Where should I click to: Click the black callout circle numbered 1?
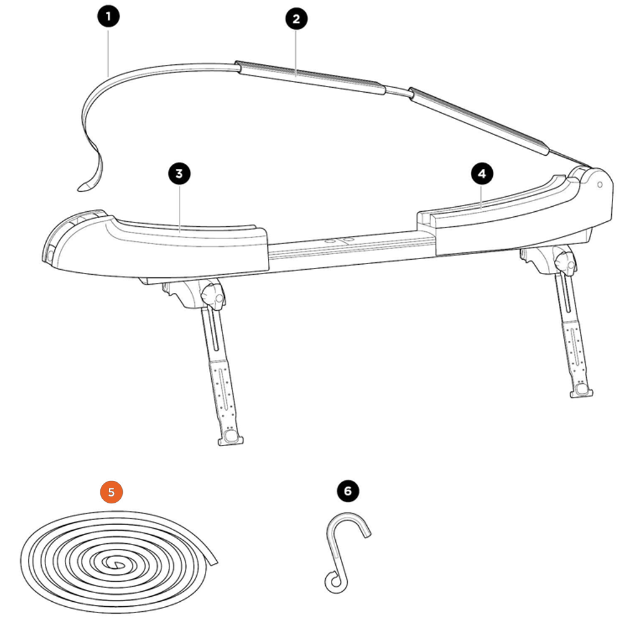(x=108, y=16)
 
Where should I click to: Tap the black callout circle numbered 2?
(x=297, y=19)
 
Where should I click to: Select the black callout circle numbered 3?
(x=179, y=174)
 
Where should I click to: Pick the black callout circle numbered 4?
(x=482, y=174)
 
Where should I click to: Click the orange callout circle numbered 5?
(x=112, y=492)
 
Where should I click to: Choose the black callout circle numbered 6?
(x=348, y=491)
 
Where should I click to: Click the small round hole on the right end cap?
(x=599, y=185)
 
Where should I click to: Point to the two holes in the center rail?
(x=339, y=240)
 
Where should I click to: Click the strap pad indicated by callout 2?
(x=310, y=77)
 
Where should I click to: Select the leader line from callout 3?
(x=179, y=208)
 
